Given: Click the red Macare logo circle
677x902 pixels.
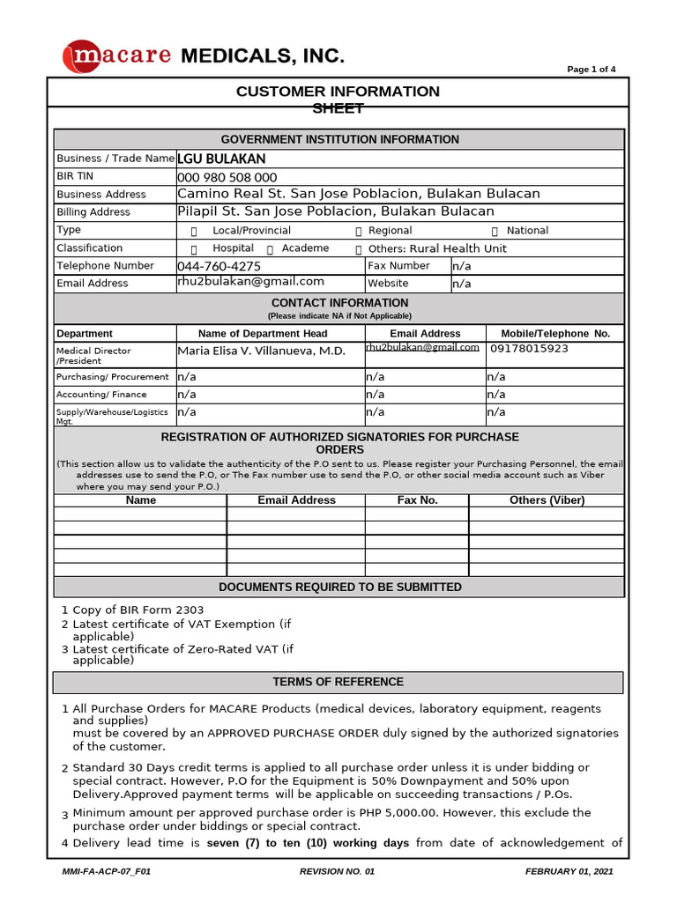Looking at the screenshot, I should (82, 57).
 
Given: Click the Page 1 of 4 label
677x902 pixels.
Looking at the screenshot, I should (591, 70).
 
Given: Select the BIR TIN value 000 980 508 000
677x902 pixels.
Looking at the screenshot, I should (227, 177).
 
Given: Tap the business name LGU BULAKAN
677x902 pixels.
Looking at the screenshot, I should (221, 159).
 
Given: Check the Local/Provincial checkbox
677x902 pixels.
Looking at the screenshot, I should (194, 231).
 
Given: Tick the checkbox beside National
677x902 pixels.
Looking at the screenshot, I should (495, 231).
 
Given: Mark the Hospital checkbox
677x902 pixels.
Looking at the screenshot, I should (194, 249).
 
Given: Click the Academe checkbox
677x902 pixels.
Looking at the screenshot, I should (270, 249).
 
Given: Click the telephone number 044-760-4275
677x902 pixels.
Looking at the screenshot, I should (219, 266).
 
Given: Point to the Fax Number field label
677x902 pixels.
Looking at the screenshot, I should (398, 265).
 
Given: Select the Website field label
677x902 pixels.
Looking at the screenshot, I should (388, 284).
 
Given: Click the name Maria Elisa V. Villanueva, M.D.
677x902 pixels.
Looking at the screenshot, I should (262, 351).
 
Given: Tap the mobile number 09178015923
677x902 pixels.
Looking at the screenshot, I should (529, 348).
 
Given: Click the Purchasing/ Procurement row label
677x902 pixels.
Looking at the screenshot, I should (113, 377).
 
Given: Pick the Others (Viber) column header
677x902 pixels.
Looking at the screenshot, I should (547, 500).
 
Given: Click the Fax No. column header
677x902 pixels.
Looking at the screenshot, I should (417, 500).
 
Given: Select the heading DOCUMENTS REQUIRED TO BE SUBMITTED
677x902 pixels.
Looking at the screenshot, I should (339, 587).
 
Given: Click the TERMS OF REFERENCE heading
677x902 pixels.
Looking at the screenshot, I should (338, 682).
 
